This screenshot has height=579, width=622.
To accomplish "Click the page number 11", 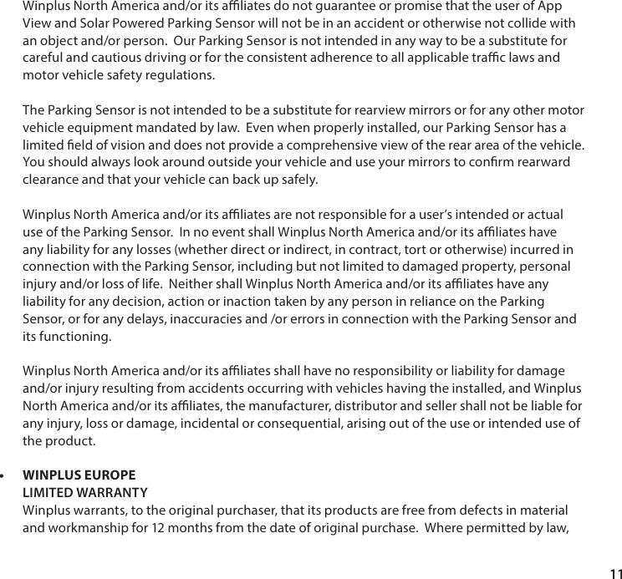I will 615,571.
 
